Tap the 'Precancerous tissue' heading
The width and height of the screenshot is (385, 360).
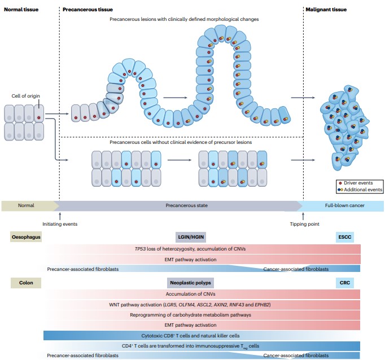88,10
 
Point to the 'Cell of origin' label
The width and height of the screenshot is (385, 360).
26,96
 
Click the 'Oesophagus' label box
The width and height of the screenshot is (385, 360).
26,238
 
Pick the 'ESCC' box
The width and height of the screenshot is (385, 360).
344,238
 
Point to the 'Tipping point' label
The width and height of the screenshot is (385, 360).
304,224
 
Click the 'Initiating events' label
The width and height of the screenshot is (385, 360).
60,224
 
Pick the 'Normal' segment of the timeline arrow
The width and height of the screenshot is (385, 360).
27,205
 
